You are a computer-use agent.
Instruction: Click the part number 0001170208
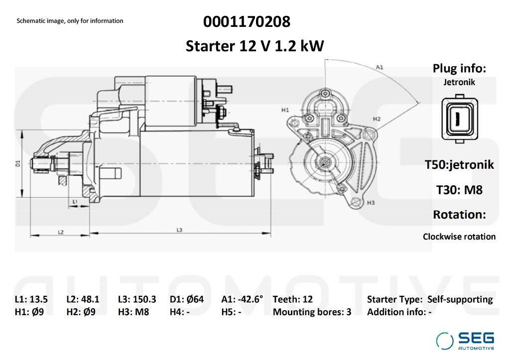[x=247, y=22]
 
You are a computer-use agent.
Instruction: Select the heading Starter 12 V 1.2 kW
[x=255, y=46]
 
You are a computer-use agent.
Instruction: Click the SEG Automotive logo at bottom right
[x=466, y=340]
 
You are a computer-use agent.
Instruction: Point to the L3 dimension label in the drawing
[x=180, y=230]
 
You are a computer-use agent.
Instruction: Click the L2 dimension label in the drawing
[x=60, y=232]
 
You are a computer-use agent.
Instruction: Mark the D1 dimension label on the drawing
[x=17, y=163]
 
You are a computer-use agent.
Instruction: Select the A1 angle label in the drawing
[x=379, y=67]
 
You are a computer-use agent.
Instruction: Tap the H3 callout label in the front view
[x=370, y=203]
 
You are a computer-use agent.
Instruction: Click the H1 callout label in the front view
[x=285, y=110]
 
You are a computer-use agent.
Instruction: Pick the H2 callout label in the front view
[x=377, y=119]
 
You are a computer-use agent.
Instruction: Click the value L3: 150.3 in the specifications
[x=137, y=299]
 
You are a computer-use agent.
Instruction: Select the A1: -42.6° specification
[x=242, y=299]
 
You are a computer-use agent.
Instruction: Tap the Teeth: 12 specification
[x=293, y=299]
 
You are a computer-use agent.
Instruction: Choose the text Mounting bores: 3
[x=312, y=312]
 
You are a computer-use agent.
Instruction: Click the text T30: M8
[x=459, y=190]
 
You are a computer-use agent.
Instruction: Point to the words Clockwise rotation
[x=459, y=237]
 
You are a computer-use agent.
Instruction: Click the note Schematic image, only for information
[x=70, y=21]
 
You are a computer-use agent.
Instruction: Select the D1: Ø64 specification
[x=187, y=299]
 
